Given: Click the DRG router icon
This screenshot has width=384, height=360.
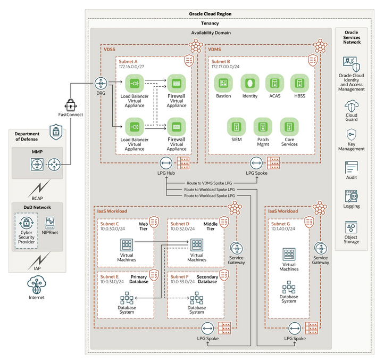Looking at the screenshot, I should pyautogui.click(x=101, y=83).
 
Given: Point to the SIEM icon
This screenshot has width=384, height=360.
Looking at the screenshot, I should pyautogui.click(x=236, y=127).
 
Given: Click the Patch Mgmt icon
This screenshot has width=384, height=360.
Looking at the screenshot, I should pyautogui.click(x=262, y=127).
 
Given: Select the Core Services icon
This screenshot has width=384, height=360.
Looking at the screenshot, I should pyautogui.click(x=288, y=127).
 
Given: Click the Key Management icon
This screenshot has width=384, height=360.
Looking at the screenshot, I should pyautogui.click(x=352, y=134).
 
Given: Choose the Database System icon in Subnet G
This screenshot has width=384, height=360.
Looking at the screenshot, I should pyautogui.click(x=289, y=288).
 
